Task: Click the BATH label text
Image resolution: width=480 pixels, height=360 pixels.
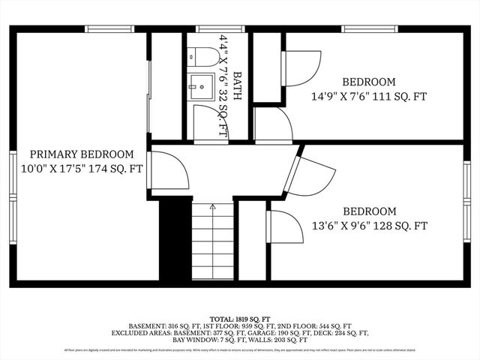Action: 238,85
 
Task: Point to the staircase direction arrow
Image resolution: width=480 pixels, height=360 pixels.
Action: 212,205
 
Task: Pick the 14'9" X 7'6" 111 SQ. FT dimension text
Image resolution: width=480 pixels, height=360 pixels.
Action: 369,96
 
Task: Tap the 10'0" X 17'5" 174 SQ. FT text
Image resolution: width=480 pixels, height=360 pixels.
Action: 82,169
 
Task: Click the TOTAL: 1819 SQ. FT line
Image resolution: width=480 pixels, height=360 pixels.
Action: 239,319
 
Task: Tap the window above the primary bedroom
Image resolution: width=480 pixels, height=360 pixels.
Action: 109,29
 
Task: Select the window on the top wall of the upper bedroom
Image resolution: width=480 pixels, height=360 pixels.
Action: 360,29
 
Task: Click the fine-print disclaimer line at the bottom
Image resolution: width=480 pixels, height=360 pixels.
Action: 239,349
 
